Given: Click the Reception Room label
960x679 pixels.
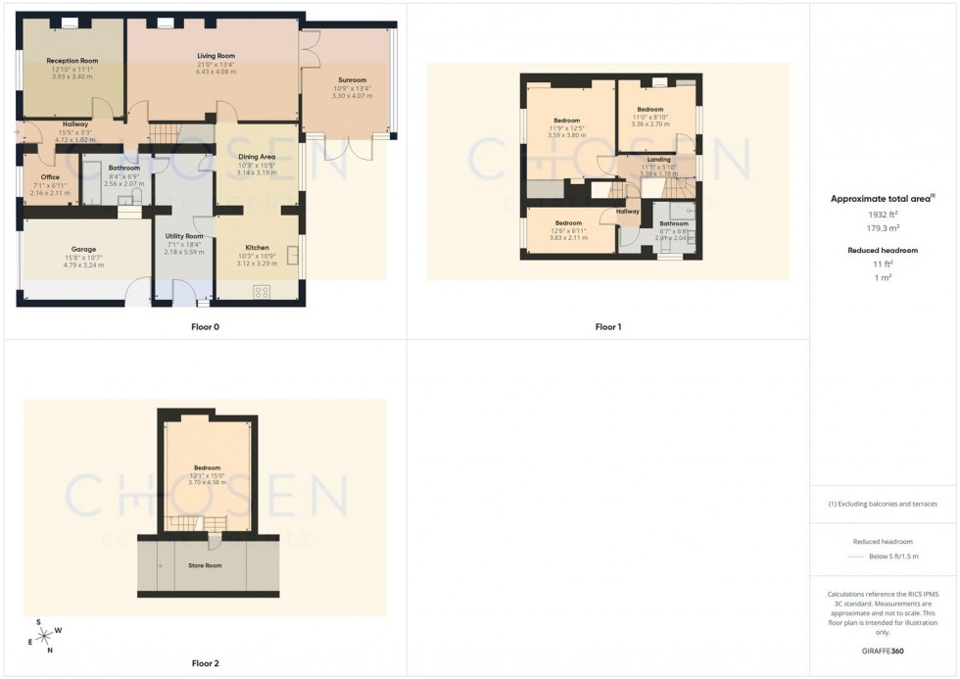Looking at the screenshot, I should pyautogui.click(x=72, y=61).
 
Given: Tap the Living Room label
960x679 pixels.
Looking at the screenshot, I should pyautogui.click(x=216, y=56).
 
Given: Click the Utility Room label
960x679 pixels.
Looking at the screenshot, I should pyautogui.click(x=184, y=236).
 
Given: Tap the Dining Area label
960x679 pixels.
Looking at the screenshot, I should pyautogui.click(x=257, y=157).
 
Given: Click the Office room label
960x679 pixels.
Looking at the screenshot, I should pyautogui.click(x=50, y=177).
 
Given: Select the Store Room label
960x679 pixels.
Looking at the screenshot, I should pyautogui.click(x=205, y=565).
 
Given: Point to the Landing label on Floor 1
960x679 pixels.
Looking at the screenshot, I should pyautogui.click(x=659, y=159).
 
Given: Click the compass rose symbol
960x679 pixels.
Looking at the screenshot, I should pyautogui.click(x=44, y=636).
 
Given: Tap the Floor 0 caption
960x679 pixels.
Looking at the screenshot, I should pyautogui.click(x=205, y=326).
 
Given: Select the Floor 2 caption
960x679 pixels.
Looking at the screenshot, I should pyautogui.click(x=205, y=663).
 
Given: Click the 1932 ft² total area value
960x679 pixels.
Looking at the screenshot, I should pyautogui.click(x=884, y=214).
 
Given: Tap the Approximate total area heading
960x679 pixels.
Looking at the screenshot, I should pyautogui.click(x=882, y=199).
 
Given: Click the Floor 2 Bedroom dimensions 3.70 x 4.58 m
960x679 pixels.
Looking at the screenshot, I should pyautogui.click(x=207, y=482).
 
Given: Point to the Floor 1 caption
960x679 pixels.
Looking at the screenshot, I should pyautogui.click(x=607, y=326).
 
